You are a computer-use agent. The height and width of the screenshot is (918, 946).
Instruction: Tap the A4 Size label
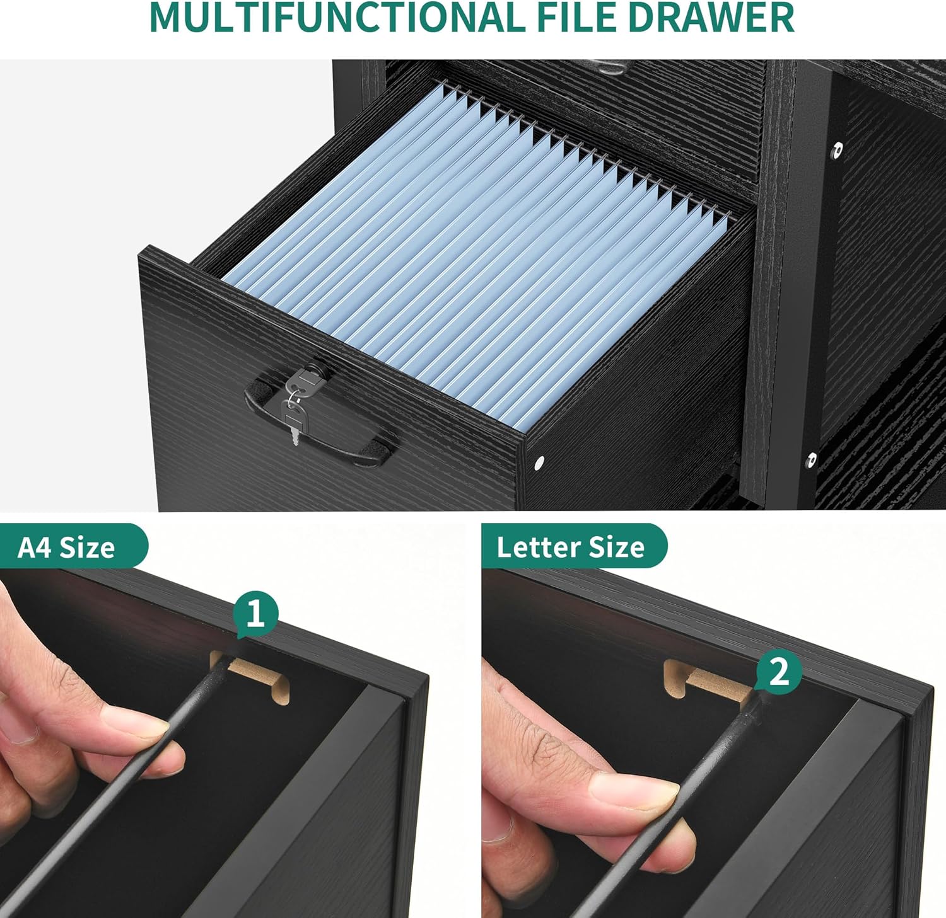(66, 547)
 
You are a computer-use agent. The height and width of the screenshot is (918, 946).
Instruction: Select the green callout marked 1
(255, 614)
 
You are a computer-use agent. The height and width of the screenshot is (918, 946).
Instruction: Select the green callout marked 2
(779, 672)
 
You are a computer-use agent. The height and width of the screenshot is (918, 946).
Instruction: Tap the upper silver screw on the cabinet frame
(838, 150)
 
